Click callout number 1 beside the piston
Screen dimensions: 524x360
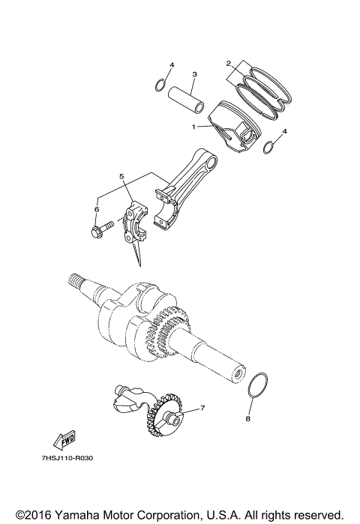193,127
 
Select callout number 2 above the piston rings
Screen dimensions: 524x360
228,64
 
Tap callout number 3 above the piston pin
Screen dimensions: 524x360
194,74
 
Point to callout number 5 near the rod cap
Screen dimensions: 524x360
120,176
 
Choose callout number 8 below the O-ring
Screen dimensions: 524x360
248,418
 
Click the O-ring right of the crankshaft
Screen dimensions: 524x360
258,385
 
